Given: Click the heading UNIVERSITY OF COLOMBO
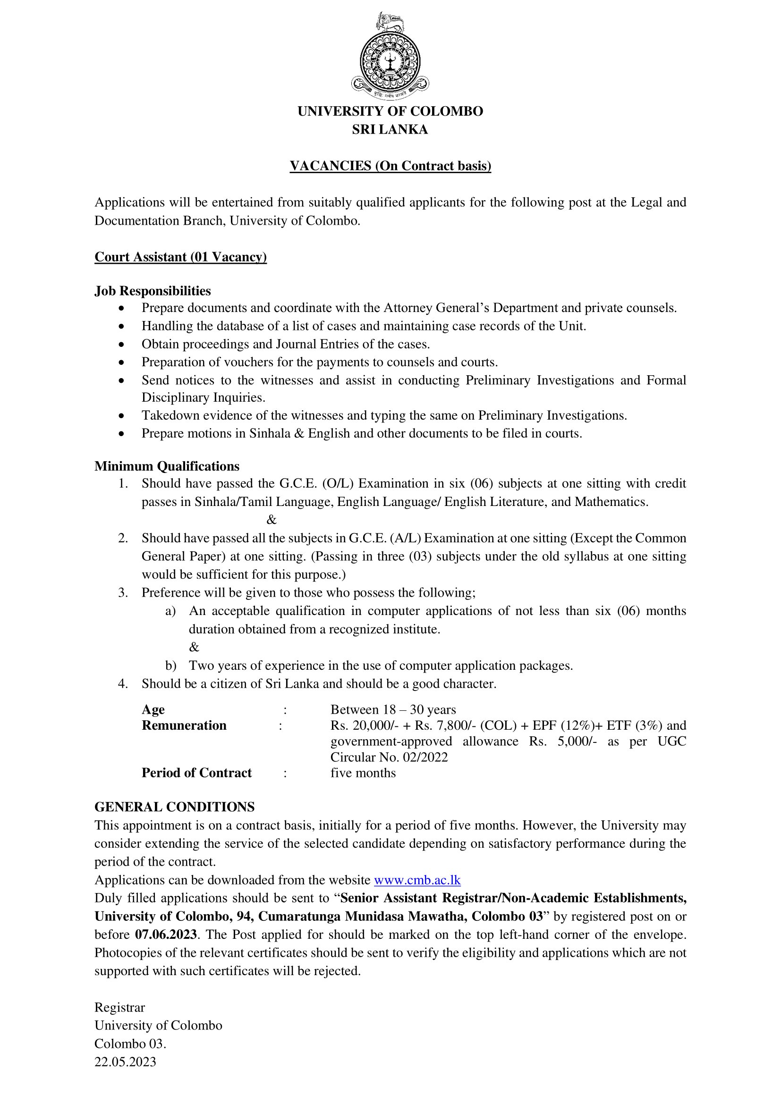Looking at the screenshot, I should [390, 111].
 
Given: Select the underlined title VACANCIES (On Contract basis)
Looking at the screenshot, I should [390, 166].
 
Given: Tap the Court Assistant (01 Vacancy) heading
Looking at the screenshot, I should [180, 257].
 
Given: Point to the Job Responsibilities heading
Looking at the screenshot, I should [153, 291].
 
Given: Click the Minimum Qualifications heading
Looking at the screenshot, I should [167, 466].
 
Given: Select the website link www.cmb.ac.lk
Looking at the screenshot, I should [417, 880].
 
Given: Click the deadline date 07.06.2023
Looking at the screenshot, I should [166, 934].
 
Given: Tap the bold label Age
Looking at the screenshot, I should [153, 710].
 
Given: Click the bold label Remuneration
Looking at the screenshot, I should [184, 725].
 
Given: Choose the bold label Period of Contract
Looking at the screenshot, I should [196, 773].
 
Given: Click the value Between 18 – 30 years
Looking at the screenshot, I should [393, 710].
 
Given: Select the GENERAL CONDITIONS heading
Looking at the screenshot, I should [175, 807].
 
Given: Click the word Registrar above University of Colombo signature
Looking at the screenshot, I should [119, 1007].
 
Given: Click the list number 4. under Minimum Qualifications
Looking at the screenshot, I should [123, 684].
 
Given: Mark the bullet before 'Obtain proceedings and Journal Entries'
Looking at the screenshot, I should [122, 344].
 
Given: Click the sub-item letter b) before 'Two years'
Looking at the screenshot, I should [171, 666].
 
